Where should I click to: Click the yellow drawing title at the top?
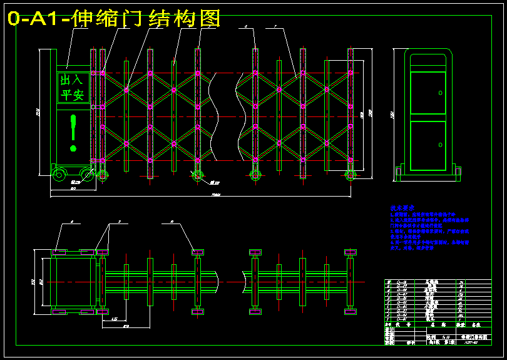(113, 19)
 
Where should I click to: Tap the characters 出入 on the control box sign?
(71, 80)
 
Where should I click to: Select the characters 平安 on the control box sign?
(71, 95)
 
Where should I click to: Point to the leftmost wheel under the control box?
(59, 175)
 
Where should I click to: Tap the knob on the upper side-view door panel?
(441, 93)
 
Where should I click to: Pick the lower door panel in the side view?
(428, 145)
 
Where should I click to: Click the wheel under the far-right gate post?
(349, 175)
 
